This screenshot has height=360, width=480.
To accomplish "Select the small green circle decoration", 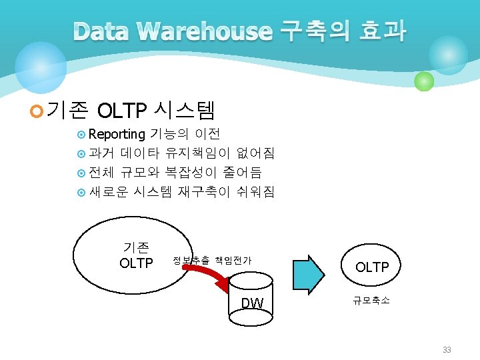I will pyautogui.click(x=424, y=81).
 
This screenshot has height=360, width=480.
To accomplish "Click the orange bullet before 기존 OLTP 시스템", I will pyautogui.click(x=37, y=110).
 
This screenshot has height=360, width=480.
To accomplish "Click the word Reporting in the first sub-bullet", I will pyautogui.click(x=116, y=134).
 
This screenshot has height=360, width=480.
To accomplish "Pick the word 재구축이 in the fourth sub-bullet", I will pyautogui.click(x=203, y=192).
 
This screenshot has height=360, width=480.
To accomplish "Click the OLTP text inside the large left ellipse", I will pyautogui.click(x=136, y=263).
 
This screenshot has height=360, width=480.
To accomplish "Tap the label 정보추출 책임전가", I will pyautogui.click(x=212, y=260).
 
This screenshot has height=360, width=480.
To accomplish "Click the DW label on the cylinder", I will pyautogui.click(x=253, y=304).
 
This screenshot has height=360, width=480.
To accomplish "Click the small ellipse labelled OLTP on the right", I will pyautogui.click(x=372, y=267).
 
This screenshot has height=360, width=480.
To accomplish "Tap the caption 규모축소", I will pyautogui.click(x=371, y=301).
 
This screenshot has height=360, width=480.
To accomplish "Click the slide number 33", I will pyautogui.click(x=447, y=349).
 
